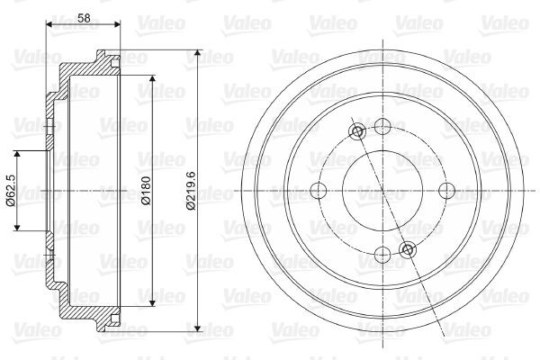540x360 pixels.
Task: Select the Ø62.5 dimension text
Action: (x=9, y=190)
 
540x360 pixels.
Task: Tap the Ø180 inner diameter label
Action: (x=145, y=190)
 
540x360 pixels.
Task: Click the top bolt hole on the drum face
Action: (x=382, y=127)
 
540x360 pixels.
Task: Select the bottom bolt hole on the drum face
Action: (x=382, y=255)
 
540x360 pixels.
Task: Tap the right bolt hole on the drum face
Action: (x=446, y=191)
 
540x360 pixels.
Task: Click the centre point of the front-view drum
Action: (x=382, y=191)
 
